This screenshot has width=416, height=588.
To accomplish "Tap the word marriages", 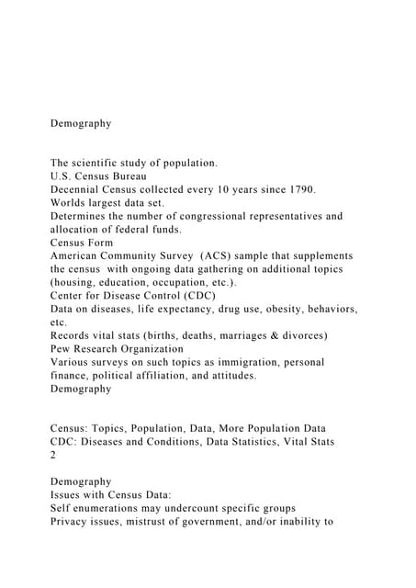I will pyautogui.click(x=231, y=335).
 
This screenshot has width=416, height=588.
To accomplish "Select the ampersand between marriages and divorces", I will pyautogui.click(x=274, y=335).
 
